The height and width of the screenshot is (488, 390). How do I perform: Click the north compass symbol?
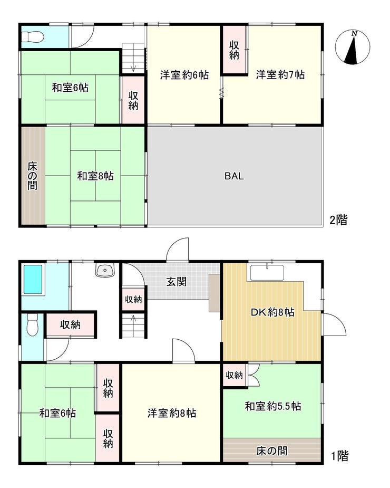pyautogui.click(x=353, y=47)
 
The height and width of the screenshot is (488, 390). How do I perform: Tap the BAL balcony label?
pyautogui.click(x=234, y=176)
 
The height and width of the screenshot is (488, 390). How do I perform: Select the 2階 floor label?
pyautogui.click(x=338, y=220)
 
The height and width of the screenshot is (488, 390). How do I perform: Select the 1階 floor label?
pyautogui.click(x=339, y=456)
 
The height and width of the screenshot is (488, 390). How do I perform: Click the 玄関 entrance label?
pyautogui.click(x=177, y=282)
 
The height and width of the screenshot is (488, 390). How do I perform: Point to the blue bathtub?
pyautogui.click(x=33, y=280)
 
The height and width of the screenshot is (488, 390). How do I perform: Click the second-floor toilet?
pyautogui.click(x=33, y=37)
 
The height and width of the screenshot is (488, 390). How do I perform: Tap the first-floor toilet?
pyautogui.click(x=32, y=325)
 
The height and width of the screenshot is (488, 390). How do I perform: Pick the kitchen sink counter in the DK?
pyautogui.click(x=267, y=273)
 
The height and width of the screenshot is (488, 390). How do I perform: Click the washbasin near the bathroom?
pyautogui.click(x=105, y=270)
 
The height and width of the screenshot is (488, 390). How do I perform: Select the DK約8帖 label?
pyautogui.click(x=273, y=312)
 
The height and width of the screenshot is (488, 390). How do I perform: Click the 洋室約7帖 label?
pyautogui.click(x=280, y=75)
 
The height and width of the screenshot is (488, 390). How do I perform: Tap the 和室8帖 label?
pyautogui.click(x=95, y=176)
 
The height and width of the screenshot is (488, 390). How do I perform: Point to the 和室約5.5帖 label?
pyautogui.click(x=273, y=406)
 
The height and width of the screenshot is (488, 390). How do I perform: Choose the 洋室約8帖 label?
pyautogui.click(x=172, y=413)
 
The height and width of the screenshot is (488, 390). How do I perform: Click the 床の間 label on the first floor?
pyautogui.click(x=272, y=451)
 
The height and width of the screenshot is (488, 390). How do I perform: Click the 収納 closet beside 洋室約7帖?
pyautogui.click(x=234, y=50)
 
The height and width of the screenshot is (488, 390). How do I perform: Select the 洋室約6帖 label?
pyautogui.click(x=184, y=75)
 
